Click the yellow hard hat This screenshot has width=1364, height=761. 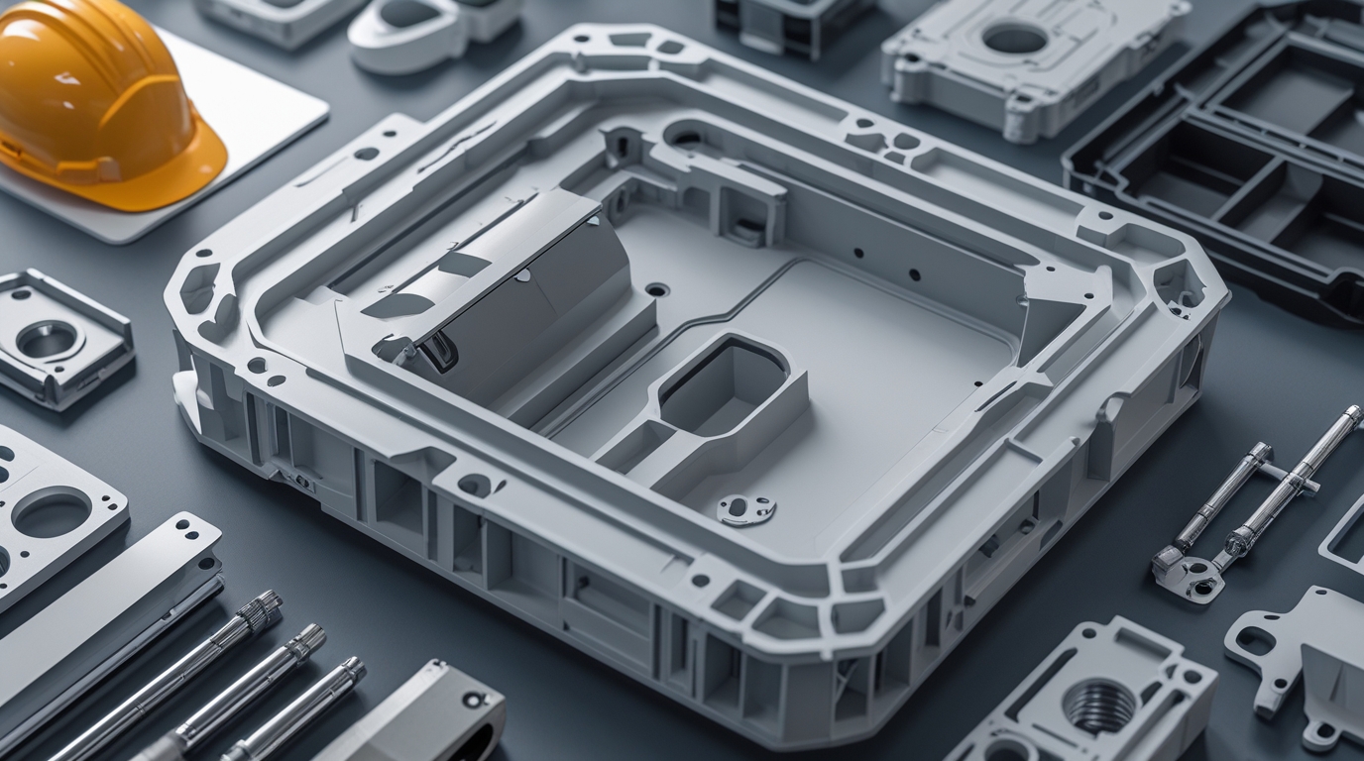click(94, 94)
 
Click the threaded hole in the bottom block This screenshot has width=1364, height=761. click(1099, 705)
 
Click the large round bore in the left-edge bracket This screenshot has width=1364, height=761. click(45, 340)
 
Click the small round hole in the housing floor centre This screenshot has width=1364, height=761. click(656, 290)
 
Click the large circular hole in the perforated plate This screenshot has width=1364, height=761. click(50, 513)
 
